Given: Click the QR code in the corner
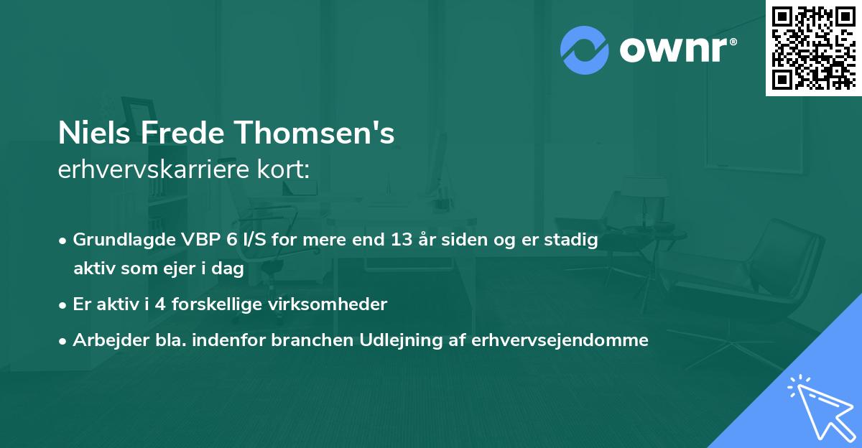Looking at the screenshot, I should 813,48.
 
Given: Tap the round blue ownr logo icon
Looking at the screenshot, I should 584,50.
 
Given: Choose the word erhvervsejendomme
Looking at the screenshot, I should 560,340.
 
